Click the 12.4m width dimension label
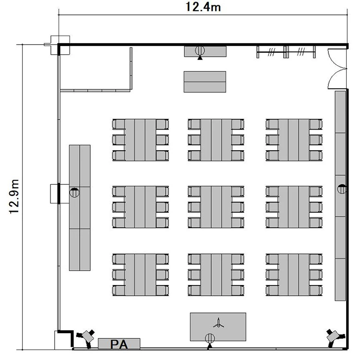click(x=203, y=7)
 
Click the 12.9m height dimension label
click(x=14, y=196)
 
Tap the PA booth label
click(x=119, y=344)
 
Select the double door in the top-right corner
click(x=337, y=69)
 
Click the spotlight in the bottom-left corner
click(x=86, y=337)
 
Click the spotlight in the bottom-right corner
click(x=335, y=337)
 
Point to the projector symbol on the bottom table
click(x=218, y=323)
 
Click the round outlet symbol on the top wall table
click(x=200, y=50)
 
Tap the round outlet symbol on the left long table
click(x=74, y=192)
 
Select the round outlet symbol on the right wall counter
click(x=342, y=189)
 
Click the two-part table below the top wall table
click(x=205, y=82)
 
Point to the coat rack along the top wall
click(x=286, y=52)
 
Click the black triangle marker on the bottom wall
click(x=209, y=346)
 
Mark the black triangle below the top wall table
click(x=200, y=58)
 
